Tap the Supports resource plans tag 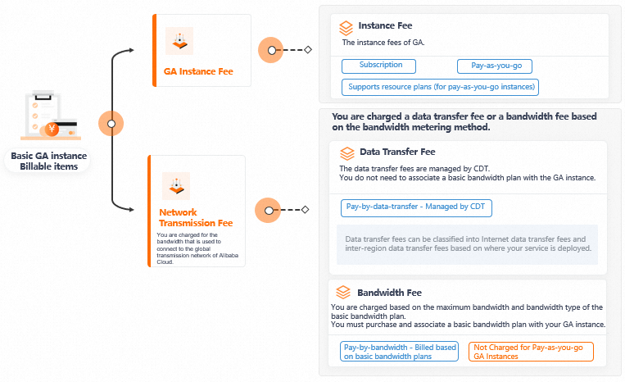(440, 86)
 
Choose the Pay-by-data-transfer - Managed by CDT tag (416, 207)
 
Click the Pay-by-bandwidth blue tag (400, 352)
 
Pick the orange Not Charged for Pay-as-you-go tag (531, 352)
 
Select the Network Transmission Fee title (196, 217)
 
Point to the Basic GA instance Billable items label (48, 161)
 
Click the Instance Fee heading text (385, 26)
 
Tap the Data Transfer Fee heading (397, 152)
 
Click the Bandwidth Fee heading (389, 292)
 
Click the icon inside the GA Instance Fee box (179, 40)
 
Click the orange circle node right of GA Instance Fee (271, 50)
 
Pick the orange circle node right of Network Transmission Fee (268, 210)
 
